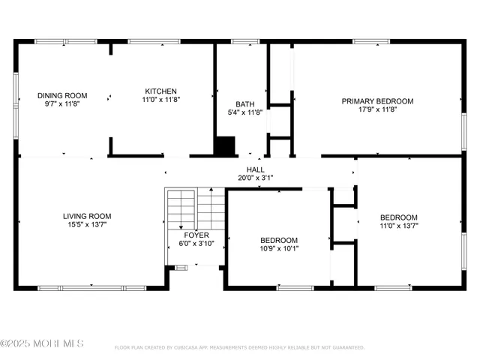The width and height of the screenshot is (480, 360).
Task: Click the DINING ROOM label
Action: [63, 95]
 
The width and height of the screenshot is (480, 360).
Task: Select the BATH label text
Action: [245, 104]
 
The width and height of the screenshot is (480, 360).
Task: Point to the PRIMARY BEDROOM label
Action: [377, 100]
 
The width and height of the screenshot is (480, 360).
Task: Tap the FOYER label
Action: [196, 235]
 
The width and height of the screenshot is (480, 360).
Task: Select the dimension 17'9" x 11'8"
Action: [377, 109]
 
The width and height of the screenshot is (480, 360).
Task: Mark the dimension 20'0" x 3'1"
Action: [255, 178]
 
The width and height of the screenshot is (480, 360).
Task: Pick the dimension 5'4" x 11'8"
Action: [245, 113]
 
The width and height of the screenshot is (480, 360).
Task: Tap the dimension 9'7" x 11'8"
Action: [63, 104]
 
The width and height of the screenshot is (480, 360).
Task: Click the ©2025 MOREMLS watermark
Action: [42, 343]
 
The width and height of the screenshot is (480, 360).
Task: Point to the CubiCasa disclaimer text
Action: [239, 347]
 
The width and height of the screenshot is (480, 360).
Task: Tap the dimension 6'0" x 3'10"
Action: [196, 244]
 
